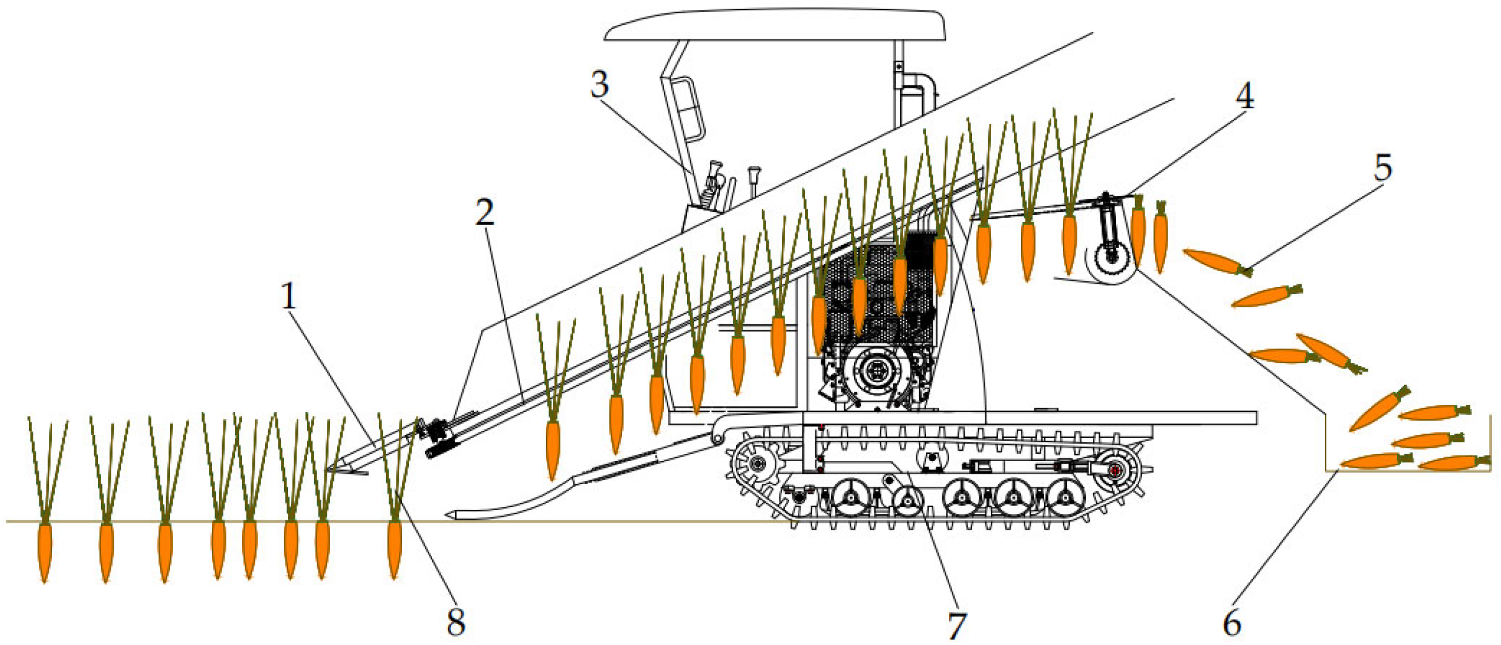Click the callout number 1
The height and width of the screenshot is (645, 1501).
[289, 296]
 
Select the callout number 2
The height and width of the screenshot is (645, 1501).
[484, 212]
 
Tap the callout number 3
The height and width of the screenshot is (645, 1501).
[599, 84]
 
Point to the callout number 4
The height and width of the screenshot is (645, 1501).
[1244, 96]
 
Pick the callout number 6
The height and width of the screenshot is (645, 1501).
[1232, 623]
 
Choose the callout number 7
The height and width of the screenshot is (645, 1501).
[957, 625]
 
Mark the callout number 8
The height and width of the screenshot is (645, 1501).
[456, 621]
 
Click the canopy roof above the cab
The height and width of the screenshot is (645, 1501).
[775, 25]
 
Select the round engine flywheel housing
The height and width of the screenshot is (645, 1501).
[873, 371]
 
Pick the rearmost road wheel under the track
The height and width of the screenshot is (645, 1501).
[1063, 497]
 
